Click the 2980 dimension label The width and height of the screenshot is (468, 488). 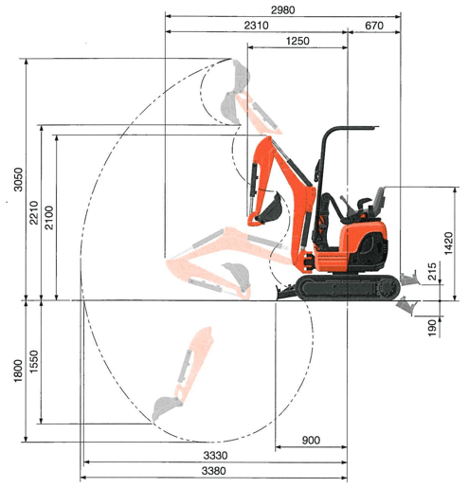click(x=283, y=10)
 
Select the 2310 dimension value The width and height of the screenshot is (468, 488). click(x=256, y=26)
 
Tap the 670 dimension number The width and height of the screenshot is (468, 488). click(x=374, y=26)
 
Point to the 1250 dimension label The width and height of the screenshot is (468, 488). click(x=297, y=41)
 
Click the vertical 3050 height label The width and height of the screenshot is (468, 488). click(x=18, y=179)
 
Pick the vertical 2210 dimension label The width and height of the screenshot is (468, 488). click(x=33, y=212)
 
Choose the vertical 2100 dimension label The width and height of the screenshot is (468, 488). click(x=49, y=218)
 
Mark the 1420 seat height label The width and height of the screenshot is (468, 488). click(x=448, y=244)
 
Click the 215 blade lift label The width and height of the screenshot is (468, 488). click(x=432, y=271)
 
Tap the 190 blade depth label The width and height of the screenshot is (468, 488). click(x=432, y=328)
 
